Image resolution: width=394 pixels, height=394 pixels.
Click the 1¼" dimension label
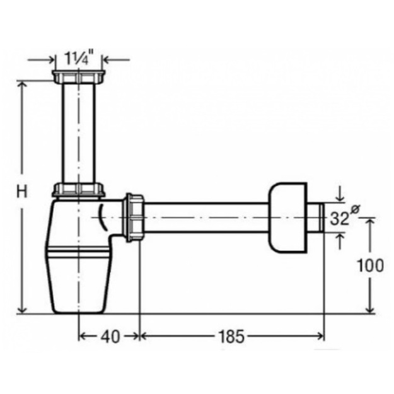click(79, 58)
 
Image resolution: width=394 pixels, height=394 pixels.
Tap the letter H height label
click(22, 192)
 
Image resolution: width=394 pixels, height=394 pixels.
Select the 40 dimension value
click(110, 337)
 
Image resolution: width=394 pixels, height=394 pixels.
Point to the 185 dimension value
click(231, 337)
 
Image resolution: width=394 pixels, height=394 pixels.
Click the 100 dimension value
click(371, 265)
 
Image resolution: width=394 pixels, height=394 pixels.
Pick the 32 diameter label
click(339, 218)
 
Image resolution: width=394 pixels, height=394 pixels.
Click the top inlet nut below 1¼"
click(79, 77)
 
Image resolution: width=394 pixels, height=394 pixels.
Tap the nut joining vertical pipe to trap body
click(79, 190)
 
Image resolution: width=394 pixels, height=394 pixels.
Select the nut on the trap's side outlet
click(134, 217)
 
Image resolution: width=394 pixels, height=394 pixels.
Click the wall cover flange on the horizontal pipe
click(287, 217)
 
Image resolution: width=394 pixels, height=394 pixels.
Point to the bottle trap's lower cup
click(78, 281)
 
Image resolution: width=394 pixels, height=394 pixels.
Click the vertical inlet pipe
click(79, 134)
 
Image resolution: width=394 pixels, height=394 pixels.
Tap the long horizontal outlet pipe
click(206, 217)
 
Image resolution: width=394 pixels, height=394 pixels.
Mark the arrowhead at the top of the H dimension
click(22, 85)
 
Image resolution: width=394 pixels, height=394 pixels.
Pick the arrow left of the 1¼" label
click(41, 60)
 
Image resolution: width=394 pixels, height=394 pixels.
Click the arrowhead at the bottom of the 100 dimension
click(370, 310)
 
